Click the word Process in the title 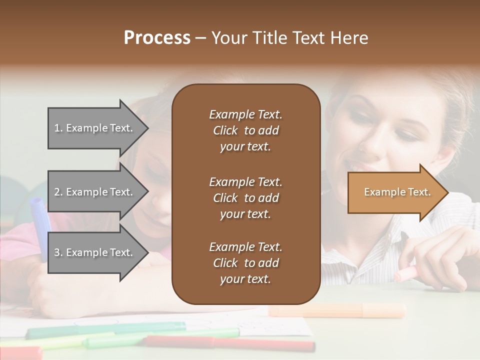pos(157,38)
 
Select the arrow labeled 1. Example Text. pos(95,128)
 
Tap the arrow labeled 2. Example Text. pos(95,192)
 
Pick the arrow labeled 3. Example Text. pos(95,252)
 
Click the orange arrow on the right pos(395,192)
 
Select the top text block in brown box pos(245,130)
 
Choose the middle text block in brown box pos(245,198)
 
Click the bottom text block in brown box pos(245,263)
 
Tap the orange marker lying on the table pos(337,310)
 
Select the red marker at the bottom pos(260,344)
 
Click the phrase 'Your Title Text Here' pos(289,38)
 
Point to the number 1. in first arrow pos(58,128)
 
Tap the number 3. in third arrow pos(58,252)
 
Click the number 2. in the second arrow pos(58,192)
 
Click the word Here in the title pos(350,38)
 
